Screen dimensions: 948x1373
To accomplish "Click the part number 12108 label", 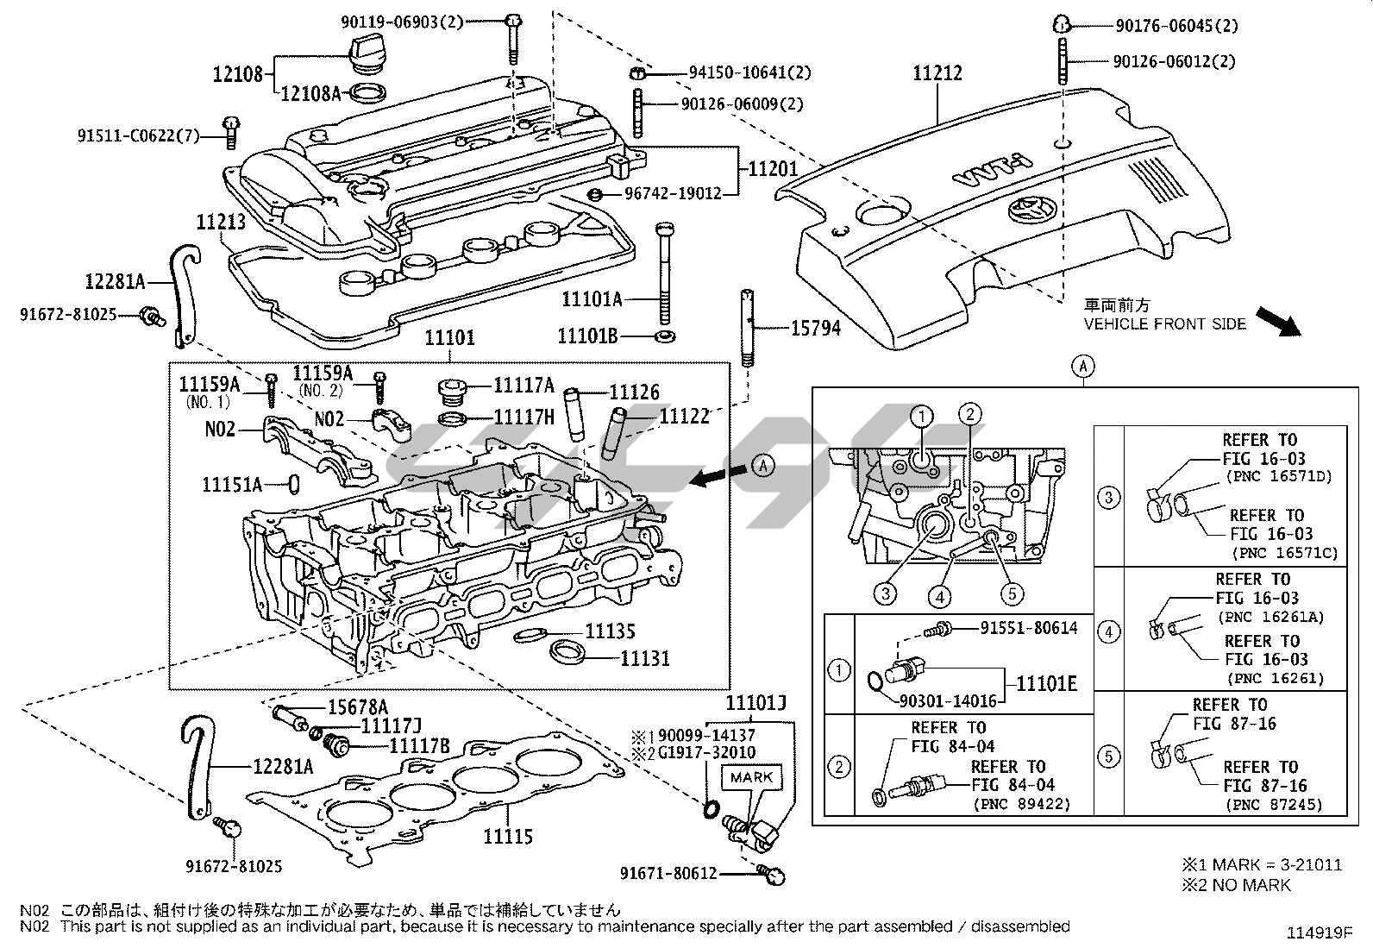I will click(x=238, y=75).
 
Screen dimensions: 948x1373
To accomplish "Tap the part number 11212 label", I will click(x=937, y=74).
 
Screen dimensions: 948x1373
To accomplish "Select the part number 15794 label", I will click(x=815, y=328).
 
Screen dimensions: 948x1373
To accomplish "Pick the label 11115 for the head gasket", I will click(x=508, y=836).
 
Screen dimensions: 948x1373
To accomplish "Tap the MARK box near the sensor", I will click(x=752, y=777).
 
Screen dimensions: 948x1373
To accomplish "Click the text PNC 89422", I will click(x=1021, y=804).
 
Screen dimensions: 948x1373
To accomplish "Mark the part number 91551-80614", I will click(x=1029, y=628).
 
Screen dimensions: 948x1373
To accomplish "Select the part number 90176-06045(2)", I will click(x=1176, y=26).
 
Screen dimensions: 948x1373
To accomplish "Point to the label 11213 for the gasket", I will click(x=221, y=223).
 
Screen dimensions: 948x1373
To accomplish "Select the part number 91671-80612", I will click(x=668, y=873).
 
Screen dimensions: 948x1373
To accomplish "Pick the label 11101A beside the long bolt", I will click(x=592, y=299).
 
